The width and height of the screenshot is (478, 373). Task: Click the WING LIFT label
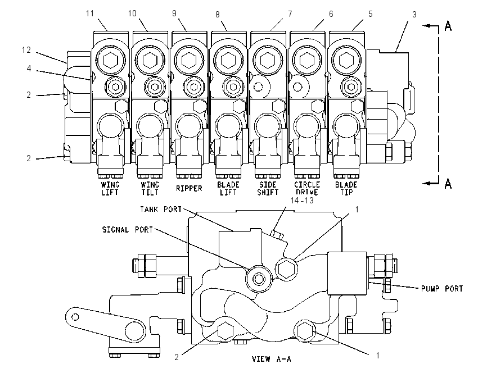click(x=110, y=189)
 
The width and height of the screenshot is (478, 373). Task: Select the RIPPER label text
click(x=189, y=189)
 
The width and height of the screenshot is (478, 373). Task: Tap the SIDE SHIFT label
click(x=268, y=189)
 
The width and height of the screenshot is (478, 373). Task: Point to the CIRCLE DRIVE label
click(x=307, y=189)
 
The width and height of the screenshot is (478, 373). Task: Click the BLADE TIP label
click(x=346, y=189)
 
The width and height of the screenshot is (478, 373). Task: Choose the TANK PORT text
click(x=161, y=209)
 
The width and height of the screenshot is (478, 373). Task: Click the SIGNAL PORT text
click(x=127, y=230)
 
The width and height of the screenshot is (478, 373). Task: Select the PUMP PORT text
click(x=441, y=288)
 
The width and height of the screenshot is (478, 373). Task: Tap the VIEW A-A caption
click(x=271, y=359)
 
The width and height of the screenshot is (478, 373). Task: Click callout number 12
click(x=26, y=50)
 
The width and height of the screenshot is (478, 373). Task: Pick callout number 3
click(x=414, y=14)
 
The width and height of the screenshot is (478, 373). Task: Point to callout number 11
click(x=89, y=13)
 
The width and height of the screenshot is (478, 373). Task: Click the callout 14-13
click(x=302, y=201)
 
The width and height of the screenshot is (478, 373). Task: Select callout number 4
click(x=29, y=69)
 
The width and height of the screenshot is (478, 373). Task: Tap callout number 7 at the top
click(x=290, y=14)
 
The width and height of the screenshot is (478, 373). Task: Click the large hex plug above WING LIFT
click(x=110, y=60)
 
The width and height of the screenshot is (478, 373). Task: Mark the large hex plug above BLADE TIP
click(x=346, y=60)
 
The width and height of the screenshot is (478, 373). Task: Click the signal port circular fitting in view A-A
click(x=259, y=279)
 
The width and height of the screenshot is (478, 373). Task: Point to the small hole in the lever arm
click(x=75, y=317)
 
